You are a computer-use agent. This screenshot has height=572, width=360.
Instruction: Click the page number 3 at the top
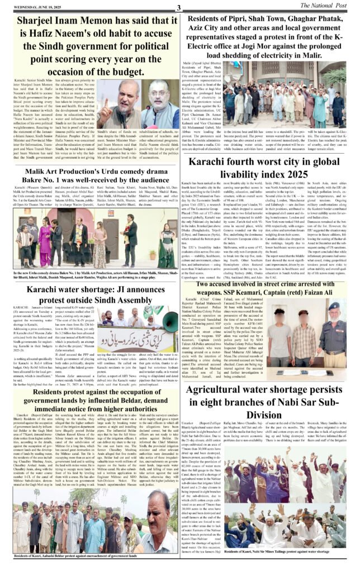tap(179, 7)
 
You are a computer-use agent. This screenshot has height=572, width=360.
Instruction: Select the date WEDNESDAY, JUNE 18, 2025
tap(29, 7)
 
